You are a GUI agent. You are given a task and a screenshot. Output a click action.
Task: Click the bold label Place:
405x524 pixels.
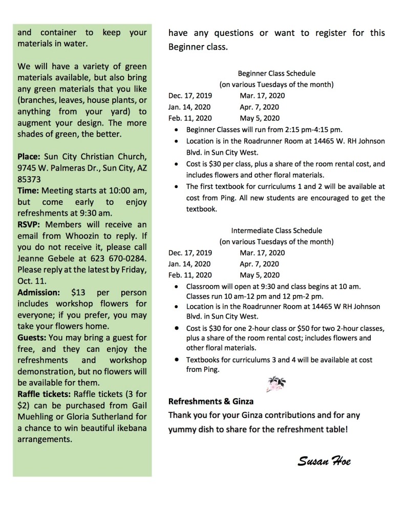30,157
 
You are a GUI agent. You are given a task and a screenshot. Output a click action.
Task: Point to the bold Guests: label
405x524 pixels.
33,338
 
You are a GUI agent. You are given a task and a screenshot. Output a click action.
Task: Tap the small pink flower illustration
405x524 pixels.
277,383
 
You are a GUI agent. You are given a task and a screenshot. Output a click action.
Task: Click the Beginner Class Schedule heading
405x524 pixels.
276,73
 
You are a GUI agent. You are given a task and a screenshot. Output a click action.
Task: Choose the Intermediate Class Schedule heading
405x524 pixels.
276,230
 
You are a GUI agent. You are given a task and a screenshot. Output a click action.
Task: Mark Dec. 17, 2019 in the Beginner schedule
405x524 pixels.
190,95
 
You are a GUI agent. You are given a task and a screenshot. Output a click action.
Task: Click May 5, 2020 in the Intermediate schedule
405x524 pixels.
259,275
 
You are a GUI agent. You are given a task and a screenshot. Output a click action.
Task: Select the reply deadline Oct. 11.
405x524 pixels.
29,281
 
